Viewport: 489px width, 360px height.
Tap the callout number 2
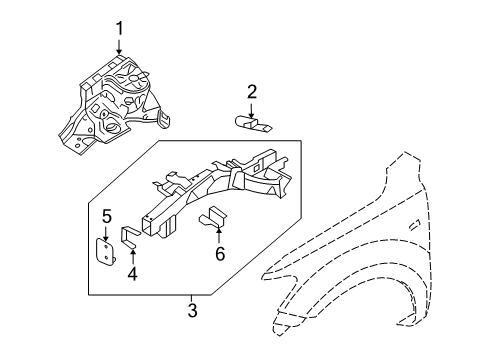(x=252, y=92)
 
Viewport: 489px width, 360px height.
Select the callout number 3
(x=191, y=311)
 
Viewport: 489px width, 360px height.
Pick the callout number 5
(x=106, y=215)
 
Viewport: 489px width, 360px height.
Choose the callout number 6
(x=220, y=254)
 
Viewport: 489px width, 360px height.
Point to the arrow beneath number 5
(x=106, y=232)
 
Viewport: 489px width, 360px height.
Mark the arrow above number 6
(x=220, y=236)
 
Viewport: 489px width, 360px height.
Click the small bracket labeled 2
(x=253, y=124)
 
